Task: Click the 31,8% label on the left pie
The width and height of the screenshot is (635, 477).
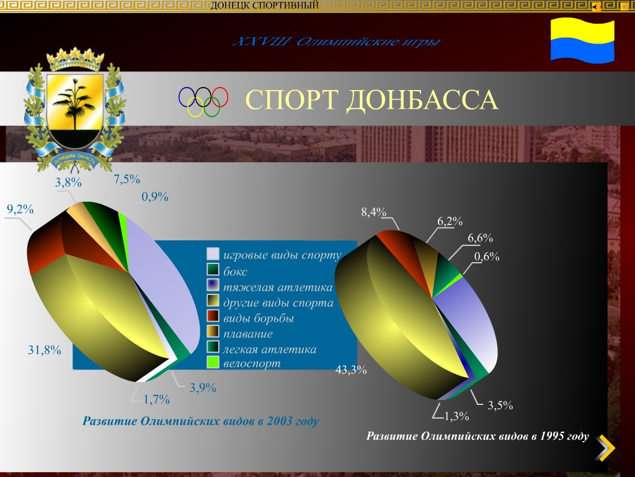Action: pyautogui.click(x=45, y=350)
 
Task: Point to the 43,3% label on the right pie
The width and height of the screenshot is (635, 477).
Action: pyautogui.click(x=351, y=370)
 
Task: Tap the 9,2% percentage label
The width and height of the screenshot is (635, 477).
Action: pyautogui.click(x=20, y=209)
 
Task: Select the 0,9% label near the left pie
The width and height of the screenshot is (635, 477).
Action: pyautogui.click(x=155, y=197)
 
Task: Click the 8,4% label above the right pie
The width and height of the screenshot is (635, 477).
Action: pyautogui.click(x=373, y=212)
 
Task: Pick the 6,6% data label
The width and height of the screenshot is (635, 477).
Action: pyautogui.click(x=480, y=238)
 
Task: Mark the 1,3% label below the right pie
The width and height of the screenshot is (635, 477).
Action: pyautogui.click(x=456, y=416)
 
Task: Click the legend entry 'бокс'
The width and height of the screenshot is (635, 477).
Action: pyautogui.click(x=235, y=272)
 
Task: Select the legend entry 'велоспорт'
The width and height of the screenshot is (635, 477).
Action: pyautogui.click(x=252, y=363)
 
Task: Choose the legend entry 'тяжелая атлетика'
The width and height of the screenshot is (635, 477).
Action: pyautogui.click(x=278, y=288)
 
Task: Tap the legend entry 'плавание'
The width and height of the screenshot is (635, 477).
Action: pyautogui.click(x=248, y=334)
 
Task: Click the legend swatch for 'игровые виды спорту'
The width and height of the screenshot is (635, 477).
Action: pyautogui.click(x=213, y=254)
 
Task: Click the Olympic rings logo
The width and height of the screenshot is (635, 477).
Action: pyautogui.click(x=203, y=101)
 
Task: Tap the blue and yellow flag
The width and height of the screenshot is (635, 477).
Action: pyautogui.click(x=582, y=40)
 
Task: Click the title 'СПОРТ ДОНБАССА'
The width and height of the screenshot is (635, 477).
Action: pyautogui.click(x=371, y=100)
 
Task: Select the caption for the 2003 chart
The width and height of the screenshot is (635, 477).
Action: pyautogui.click(x=200, y=422)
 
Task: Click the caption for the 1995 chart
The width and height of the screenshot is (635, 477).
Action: pyautogui.click(x=477, y=436)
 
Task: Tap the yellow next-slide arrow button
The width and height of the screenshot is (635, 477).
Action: pyautogui.click(x=606, y=448)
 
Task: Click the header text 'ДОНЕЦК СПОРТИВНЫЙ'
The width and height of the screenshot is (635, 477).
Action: pyautogui.click(x=265, y=6)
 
